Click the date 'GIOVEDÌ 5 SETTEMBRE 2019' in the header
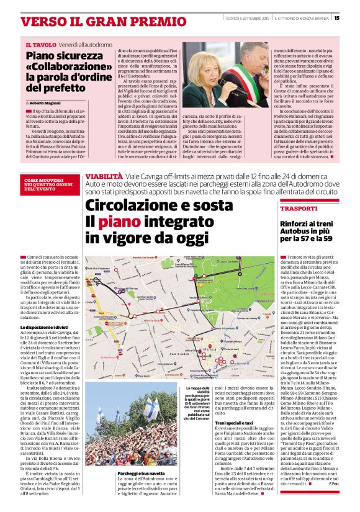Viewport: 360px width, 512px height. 246,18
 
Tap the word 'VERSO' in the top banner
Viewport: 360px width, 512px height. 43,21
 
